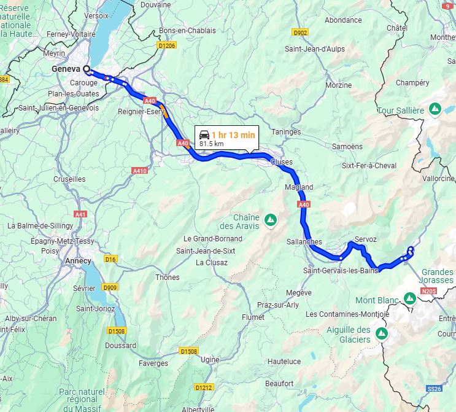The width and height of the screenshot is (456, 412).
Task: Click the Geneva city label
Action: (66, 69)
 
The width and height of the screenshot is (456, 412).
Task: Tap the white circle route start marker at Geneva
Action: (87, 70)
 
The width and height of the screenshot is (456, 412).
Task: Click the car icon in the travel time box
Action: (204, 134)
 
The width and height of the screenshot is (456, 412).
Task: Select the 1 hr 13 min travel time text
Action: (233, 134)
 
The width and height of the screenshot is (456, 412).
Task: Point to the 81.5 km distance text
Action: (211, 144)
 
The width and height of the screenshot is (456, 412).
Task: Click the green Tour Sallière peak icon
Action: (435, 109)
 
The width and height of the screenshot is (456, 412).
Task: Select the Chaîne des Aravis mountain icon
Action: (269, 219)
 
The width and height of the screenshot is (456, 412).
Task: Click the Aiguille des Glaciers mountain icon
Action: (382, 333)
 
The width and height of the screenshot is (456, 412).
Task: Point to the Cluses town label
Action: (281, 162)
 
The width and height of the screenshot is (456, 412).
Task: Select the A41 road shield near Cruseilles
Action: (80, 214)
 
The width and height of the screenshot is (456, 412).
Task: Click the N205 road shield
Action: (429, 291)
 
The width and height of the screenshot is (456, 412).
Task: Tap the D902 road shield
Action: (300, 33)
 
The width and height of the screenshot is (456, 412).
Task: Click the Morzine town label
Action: (338, 85)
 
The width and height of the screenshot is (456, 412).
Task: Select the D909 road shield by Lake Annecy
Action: (110, 287)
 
